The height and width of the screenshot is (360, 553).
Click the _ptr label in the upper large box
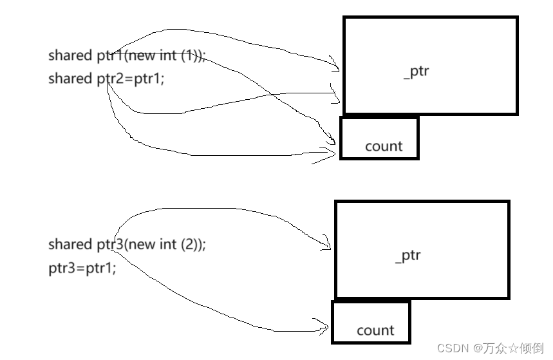416,71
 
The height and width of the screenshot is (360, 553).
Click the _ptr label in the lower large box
408,256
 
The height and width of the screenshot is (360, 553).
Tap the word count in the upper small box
384,146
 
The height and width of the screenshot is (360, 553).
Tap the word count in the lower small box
375,330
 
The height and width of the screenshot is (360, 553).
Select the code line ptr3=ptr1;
82,268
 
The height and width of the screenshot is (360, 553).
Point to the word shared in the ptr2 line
70,79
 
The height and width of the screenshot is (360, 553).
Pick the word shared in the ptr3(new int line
70,245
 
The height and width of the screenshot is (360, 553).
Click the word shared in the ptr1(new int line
70,55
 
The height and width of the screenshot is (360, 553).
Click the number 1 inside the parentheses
188,55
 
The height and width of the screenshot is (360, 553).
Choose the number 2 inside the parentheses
189,245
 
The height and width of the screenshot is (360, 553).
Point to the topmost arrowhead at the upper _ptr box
335,64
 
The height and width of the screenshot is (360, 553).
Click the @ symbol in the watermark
479,348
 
